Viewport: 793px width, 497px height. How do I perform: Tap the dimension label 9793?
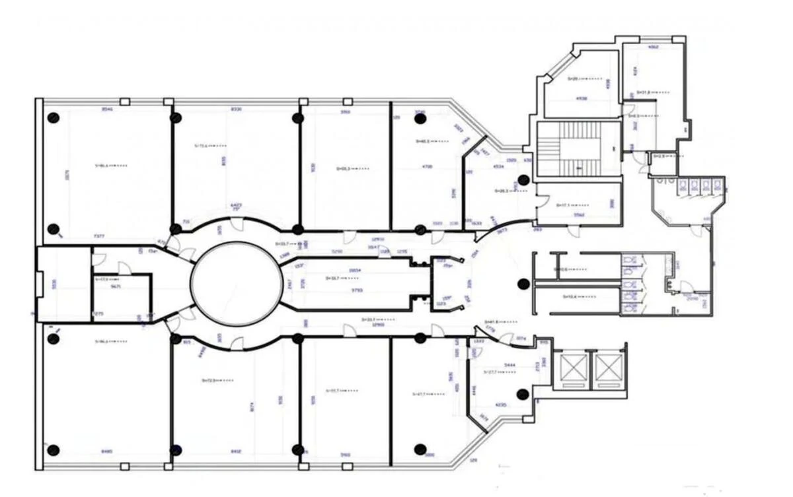click(x=357, y=290)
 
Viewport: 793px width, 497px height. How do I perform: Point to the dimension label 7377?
click(x=99, y=236)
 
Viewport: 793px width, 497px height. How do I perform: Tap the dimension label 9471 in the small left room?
click(x=116, y=287)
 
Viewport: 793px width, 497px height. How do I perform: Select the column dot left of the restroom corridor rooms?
click(x=523, y=284)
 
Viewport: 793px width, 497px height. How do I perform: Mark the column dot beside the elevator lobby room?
click(x=522, y=395)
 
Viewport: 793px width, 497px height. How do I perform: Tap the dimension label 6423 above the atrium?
click(x=236, y=205)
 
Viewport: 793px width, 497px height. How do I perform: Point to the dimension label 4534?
click(x=499, y=166)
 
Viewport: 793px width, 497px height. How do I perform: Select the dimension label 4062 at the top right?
click(x=653, y=48)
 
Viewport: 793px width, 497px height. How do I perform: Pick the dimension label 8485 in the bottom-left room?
click(x=107, y=452)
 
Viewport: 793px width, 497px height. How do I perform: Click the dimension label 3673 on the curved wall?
click(x=503, y=230)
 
